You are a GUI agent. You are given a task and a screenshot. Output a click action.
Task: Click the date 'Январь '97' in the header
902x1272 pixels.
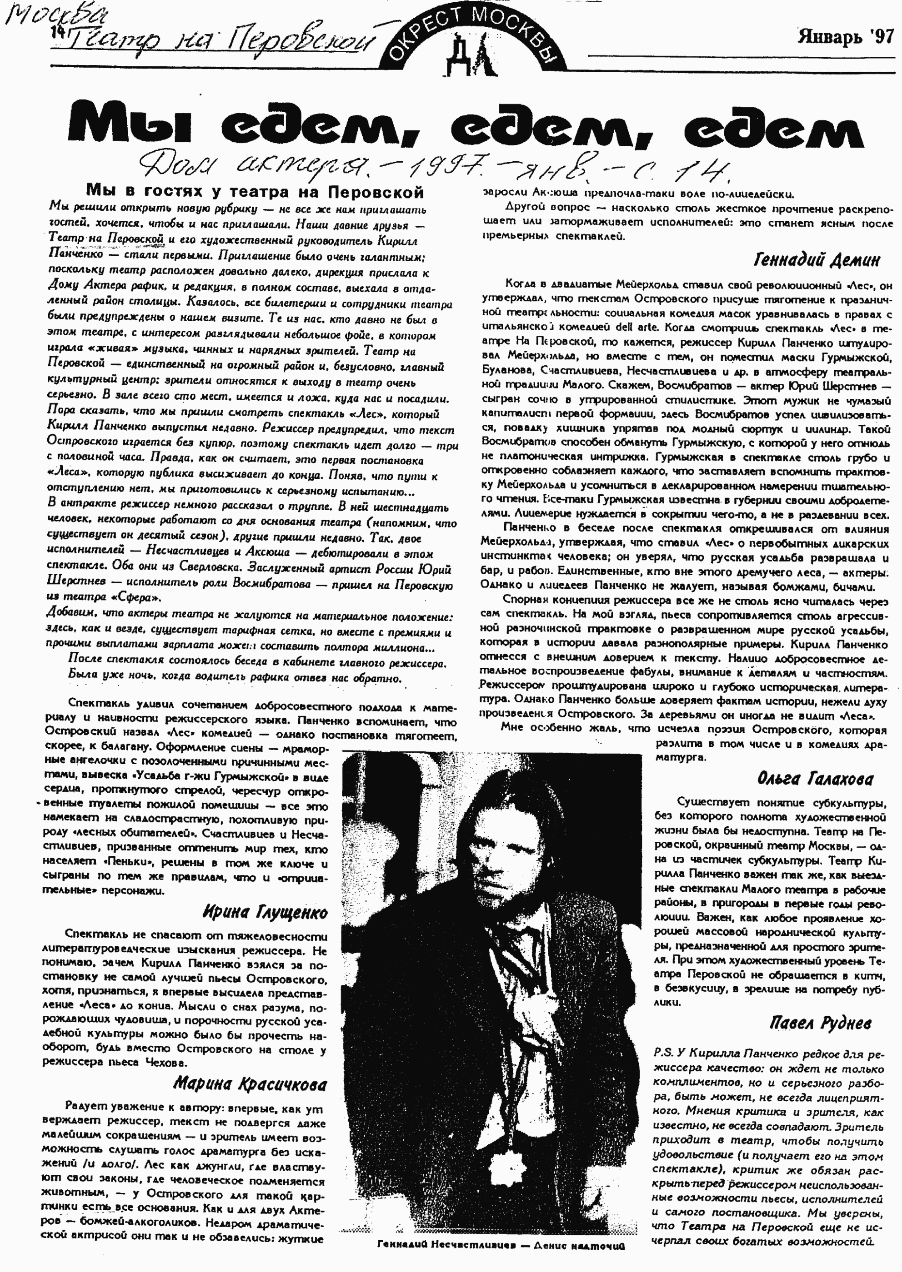pos(845,38)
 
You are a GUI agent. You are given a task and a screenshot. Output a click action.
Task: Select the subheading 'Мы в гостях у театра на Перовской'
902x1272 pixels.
pos(255,192)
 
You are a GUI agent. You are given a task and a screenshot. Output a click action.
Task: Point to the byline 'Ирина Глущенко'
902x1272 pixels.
pos(265,912)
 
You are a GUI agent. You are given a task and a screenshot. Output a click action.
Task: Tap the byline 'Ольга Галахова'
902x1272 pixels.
pos(815,779)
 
